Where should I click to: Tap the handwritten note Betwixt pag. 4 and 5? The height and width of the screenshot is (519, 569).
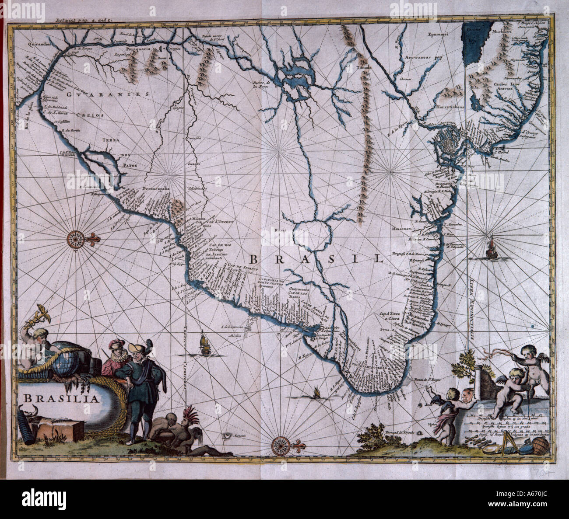(x=84, y=20)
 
